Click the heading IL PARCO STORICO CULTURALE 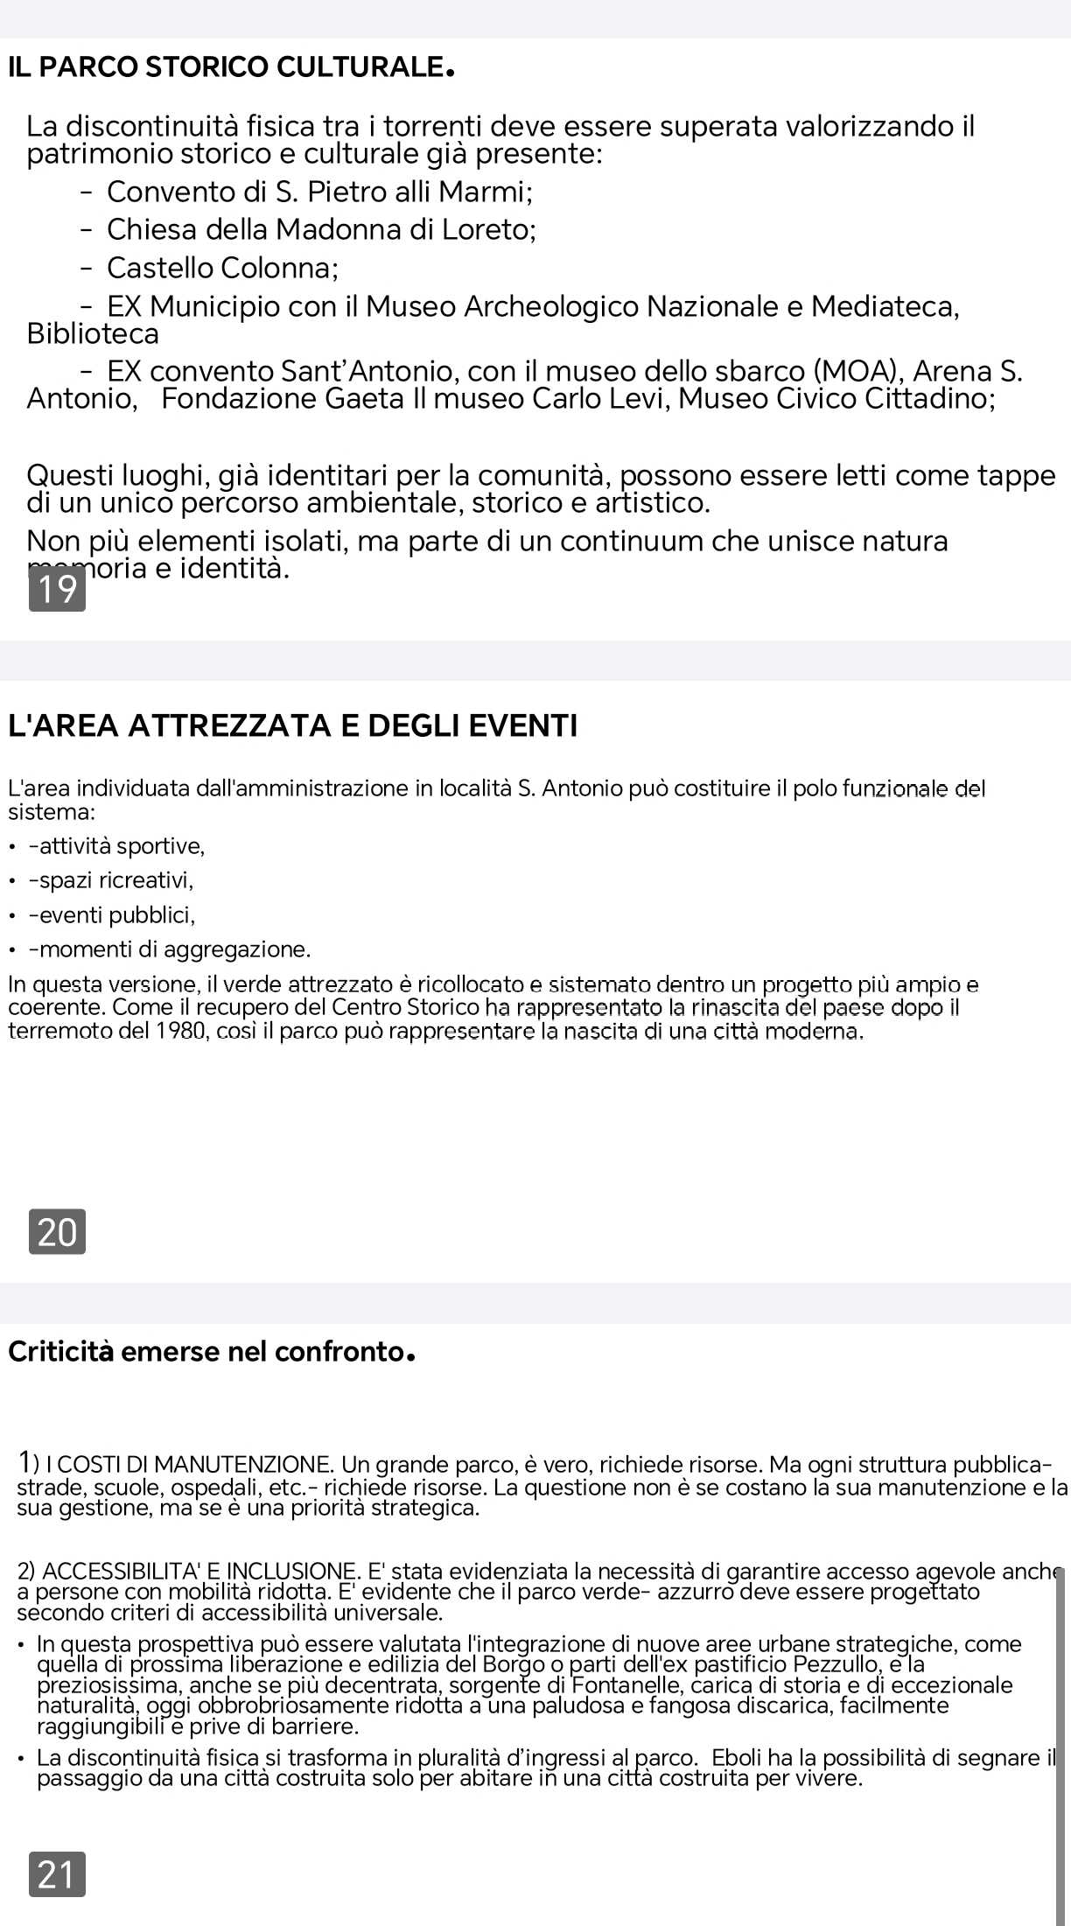[x=231, y=67]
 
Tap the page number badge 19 [x=58, y=590]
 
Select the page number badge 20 [x=58, y=1232]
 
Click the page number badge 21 [x=58, y=1874]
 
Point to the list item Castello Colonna [x=222, y=267]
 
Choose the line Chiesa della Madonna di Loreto [x=320, y=229]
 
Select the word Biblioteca [x=93, y=334]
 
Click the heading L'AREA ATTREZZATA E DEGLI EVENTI [x=292, y=725]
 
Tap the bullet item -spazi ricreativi [x=111, y=879]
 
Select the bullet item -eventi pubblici [x=112, y=915]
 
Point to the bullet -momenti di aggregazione [x=170, y=949]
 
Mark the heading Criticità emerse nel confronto [x=210, y=1352]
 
